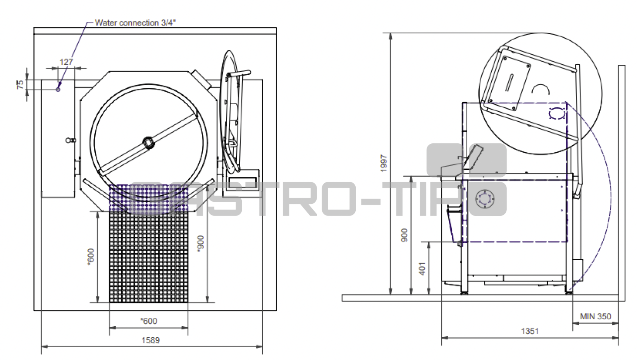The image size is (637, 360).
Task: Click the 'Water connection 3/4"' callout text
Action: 135,23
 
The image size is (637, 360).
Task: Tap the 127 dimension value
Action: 66,62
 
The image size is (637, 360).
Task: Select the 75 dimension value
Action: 21,84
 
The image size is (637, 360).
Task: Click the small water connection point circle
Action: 58,89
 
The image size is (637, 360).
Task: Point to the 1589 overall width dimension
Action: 150,340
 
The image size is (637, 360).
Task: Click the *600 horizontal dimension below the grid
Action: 148,321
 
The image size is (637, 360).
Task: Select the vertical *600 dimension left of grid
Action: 91,257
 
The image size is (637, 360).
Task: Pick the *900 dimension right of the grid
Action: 200,244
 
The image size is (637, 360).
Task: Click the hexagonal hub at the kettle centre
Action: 148,142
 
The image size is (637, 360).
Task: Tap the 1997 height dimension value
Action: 384,163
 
